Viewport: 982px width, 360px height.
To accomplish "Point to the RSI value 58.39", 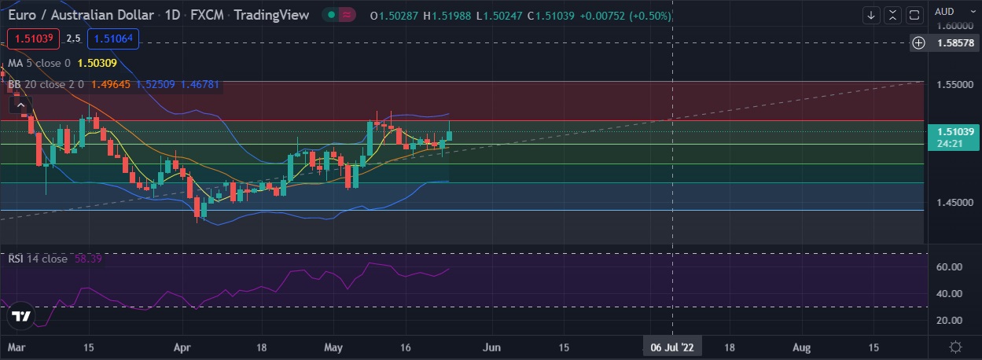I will (x=88, y=259).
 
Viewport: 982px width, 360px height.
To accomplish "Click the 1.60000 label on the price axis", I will (x=954, y=25).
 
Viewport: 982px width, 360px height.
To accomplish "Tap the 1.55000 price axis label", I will (x=954, y=84).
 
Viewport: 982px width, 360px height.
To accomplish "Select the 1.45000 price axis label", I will (x=954, y=202).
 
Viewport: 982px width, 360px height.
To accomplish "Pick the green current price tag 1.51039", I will (x=954, y=131).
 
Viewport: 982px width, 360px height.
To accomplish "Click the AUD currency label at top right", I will (x=944, y=11).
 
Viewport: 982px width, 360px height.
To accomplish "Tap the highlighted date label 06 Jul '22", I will (x=672, y=347).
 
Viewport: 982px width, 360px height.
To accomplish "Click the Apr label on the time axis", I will (x=182, y=347).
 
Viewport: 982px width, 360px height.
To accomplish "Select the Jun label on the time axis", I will (x=492, y=347).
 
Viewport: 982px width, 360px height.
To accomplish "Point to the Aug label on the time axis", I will (x=801, y=347).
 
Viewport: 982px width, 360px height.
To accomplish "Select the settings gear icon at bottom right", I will (x=955, y=347).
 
